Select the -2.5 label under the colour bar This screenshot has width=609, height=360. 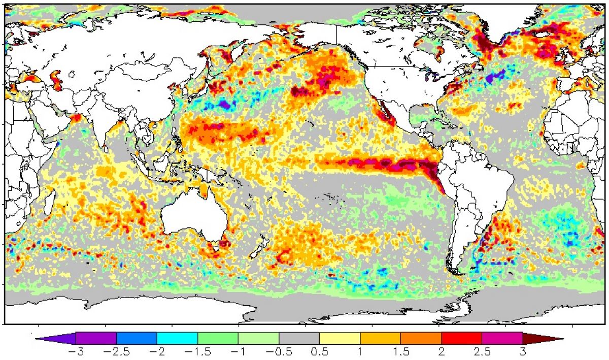116,352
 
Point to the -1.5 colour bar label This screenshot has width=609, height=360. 197,352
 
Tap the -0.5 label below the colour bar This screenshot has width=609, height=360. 279,352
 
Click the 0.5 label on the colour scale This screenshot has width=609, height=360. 319,352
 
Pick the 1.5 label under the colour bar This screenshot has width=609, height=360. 401,352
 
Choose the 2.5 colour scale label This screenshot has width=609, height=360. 482,352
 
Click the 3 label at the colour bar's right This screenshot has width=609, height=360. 523,352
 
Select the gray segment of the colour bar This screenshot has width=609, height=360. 299,338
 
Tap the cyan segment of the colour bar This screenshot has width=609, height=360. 177,338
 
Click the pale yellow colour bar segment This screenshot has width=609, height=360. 340,338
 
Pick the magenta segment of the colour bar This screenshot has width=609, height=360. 502,338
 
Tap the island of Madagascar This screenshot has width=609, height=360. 49,203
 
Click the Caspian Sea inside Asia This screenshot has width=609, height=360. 56,80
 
